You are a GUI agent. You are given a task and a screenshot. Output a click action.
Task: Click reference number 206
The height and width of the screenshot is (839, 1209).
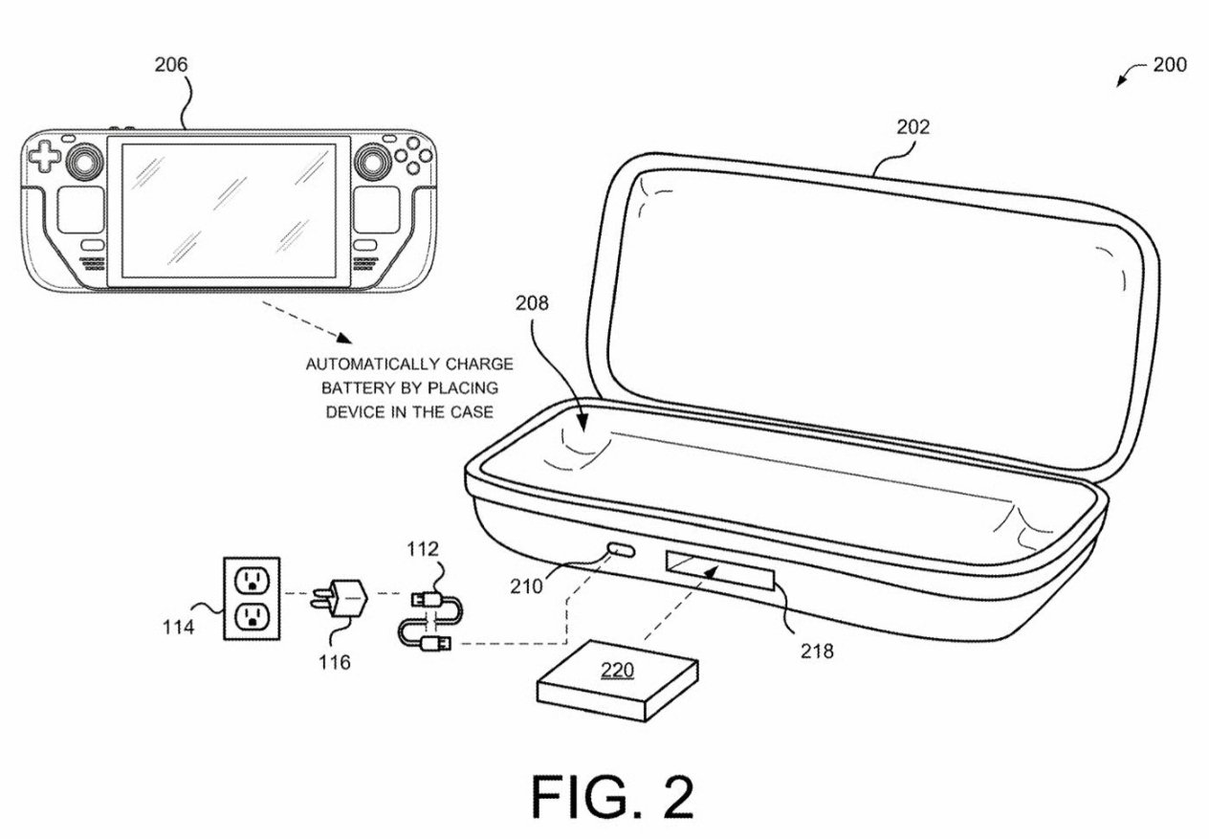(171, 65)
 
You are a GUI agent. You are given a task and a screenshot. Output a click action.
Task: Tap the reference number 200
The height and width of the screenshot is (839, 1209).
(1170, 65)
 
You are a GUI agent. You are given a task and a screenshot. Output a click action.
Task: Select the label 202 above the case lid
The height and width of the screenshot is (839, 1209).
(913, 127)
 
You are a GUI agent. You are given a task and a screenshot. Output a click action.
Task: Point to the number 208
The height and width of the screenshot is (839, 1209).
(532, 303)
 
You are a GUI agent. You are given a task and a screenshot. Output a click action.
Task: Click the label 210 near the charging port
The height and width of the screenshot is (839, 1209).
(526, 586)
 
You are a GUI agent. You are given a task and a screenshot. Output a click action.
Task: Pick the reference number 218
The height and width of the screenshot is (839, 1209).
(817, 651)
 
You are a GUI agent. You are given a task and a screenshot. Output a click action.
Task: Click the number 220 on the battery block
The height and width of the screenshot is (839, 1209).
(617, 670)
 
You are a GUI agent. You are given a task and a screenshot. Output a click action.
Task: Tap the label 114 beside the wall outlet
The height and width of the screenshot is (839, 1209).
(179, 628)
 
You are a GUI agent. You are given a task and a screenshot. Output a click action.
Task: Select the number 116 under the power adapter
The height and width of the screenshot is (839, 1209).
(334, 662)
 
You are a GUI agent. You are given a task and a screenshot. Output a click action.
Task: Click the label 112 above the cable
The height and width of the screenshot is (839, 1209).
(423, 549)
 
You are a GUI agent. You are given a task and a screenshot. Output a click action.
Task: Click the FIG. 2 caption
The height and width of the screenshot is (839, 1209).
(612, 797)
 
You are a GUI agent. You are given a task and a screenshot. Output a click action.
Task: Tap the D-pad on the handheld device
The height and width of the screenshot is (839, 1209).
(44, 156)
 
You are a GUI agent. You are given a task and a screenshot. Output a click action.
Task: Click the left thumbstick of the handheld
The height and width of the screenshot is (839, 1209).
(84, 161)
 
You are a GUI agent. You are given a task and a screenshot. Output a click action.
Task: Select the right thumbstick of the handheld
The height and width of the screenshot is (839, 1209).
(372, 161)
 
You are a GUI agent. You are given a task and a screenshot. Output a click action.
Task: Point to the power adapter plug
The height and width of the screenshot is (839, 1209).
(341, 598)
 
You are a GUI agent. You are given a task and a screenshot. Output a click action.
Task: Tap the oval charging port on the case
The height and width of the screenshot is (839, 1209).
(622, 551)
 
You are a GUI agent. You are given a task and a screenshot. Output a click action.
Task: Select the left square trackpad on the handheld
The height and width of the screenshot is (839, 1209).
(81, 210)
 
